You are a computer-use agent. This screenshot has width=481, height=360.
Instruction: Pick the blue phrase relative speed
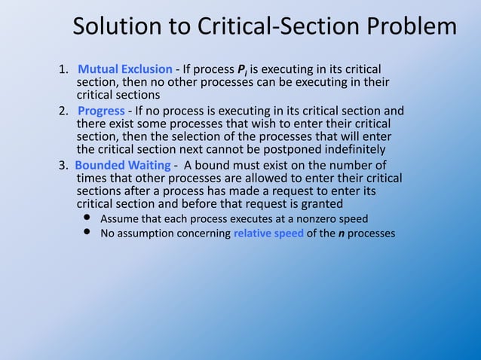click(x=268, y=233)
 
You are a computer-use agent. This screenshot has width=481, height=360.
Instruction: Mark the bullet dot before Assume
click(x=87, y=218)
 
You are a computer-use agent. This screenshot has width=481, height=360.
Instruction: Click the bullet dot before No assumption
click(x=87, y=233)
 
